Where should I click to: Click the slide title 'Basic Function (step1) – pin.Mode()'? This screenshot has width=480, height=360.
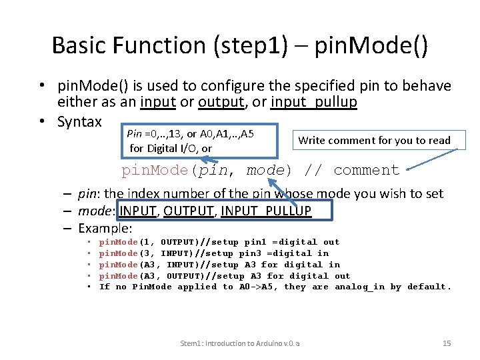point(240,45)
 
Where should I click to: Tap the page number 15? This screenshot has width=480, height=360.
point(447,343)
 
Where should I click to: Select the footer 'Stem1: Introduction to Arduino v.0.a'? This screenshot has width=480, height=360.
point(240,343)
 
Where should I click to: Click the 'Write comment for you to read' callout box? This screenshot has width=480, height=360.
point(374,140)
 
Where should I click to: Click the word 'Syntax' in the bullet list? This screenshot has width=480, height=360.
point(79,122)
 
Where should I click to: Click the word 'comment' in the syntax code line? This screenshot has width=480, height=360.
point(366,170)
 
